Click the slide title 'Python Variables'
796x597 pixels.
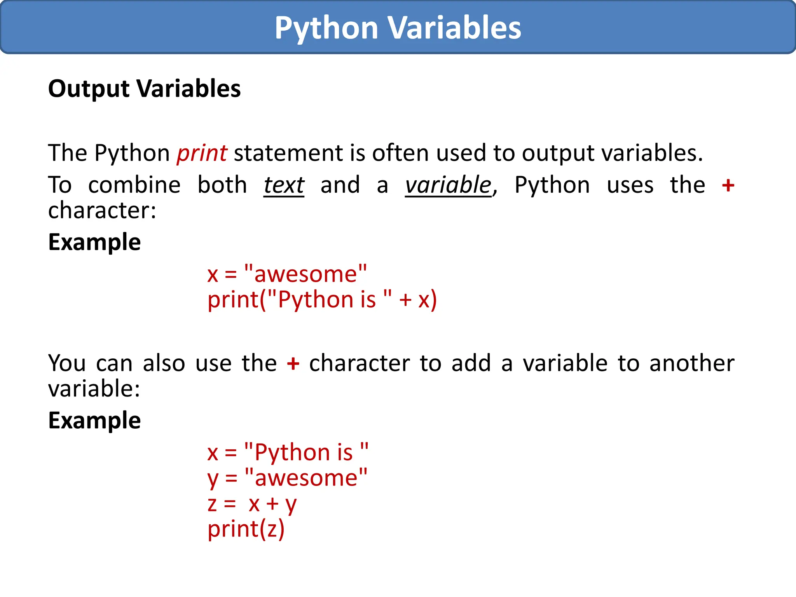tap(398, 28)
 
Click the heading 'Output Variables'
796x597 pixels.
tap(144, 89)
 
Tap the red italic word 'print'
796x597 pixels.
tap(202, 153)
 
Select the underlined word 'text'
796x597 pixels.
tap(284, 185)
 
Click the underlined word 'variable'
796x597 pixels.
tap(448, 185)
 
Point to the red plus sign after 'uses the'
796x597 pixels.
tap(728, 185)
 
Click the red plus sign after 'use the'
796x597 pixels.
tap(293, 364)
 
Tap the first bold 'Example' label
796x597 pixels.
tap(94, 242)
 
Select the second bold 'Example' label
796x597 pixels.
tap(94, 421)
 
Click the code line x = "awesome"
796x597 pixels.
tap(287, 274)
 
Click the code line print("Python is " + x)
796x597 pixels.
tap(322, 300)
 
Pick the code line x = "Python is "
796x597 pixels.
tap(288, 452)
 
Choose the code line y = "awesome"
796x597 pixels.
tap(287, 478)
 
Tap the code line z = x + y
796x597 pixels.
tap(252, 504)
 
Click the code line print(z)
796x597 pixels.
tap(246, 529)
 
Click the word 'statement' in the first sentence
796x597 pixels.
tap(288, 153)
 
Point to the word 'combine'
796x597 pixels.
tap(134, 185)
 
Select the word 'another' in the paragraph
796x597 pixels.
tap(692, 364)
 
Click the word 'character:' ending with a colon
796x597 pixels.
tap(102, 211)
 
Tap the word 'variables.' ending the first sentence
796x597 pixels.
tap(652, 153)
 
